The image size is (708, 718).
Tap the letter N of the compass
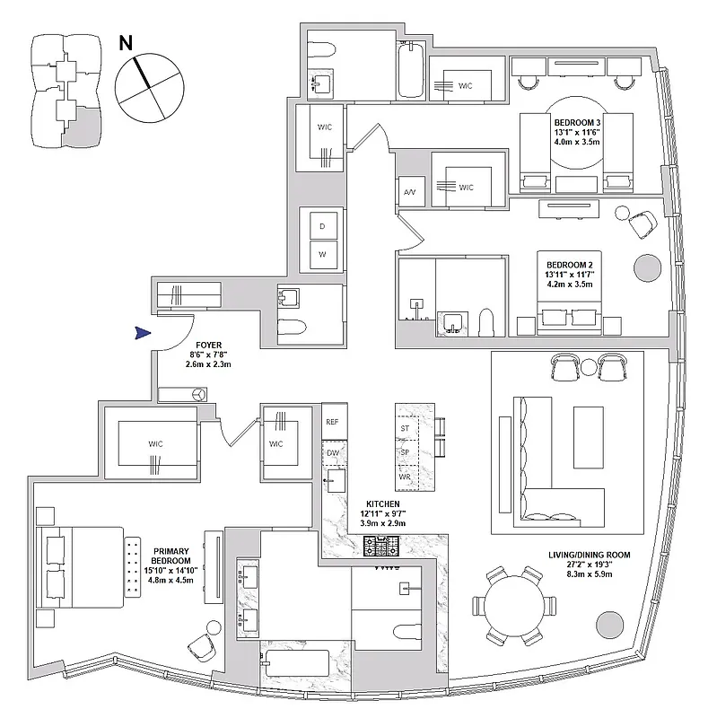click(x=127, y=42)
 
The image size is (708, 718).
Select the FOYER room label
click(x=208, y=344)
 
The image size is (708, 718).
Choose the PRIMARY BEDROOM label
click(x=171, y=552)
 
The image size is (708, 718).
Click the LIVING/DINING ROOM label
click(x=589, y=556)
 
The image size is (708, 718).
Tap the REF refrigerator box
click(x=332, y=421)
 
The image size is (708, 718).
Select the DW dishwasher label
click(x=332, y=452)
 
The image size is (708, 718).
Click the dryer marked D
click(x=321, y=226)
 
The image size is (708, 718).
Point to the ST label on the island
click(x=405, y=428)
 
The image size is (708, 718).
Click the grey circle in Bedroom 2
click(x=646, y=267)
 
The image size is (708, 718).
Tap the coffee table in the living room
click(x=589, y=436)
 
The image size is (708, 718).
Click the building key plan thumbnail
click(x=59, y=91)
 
